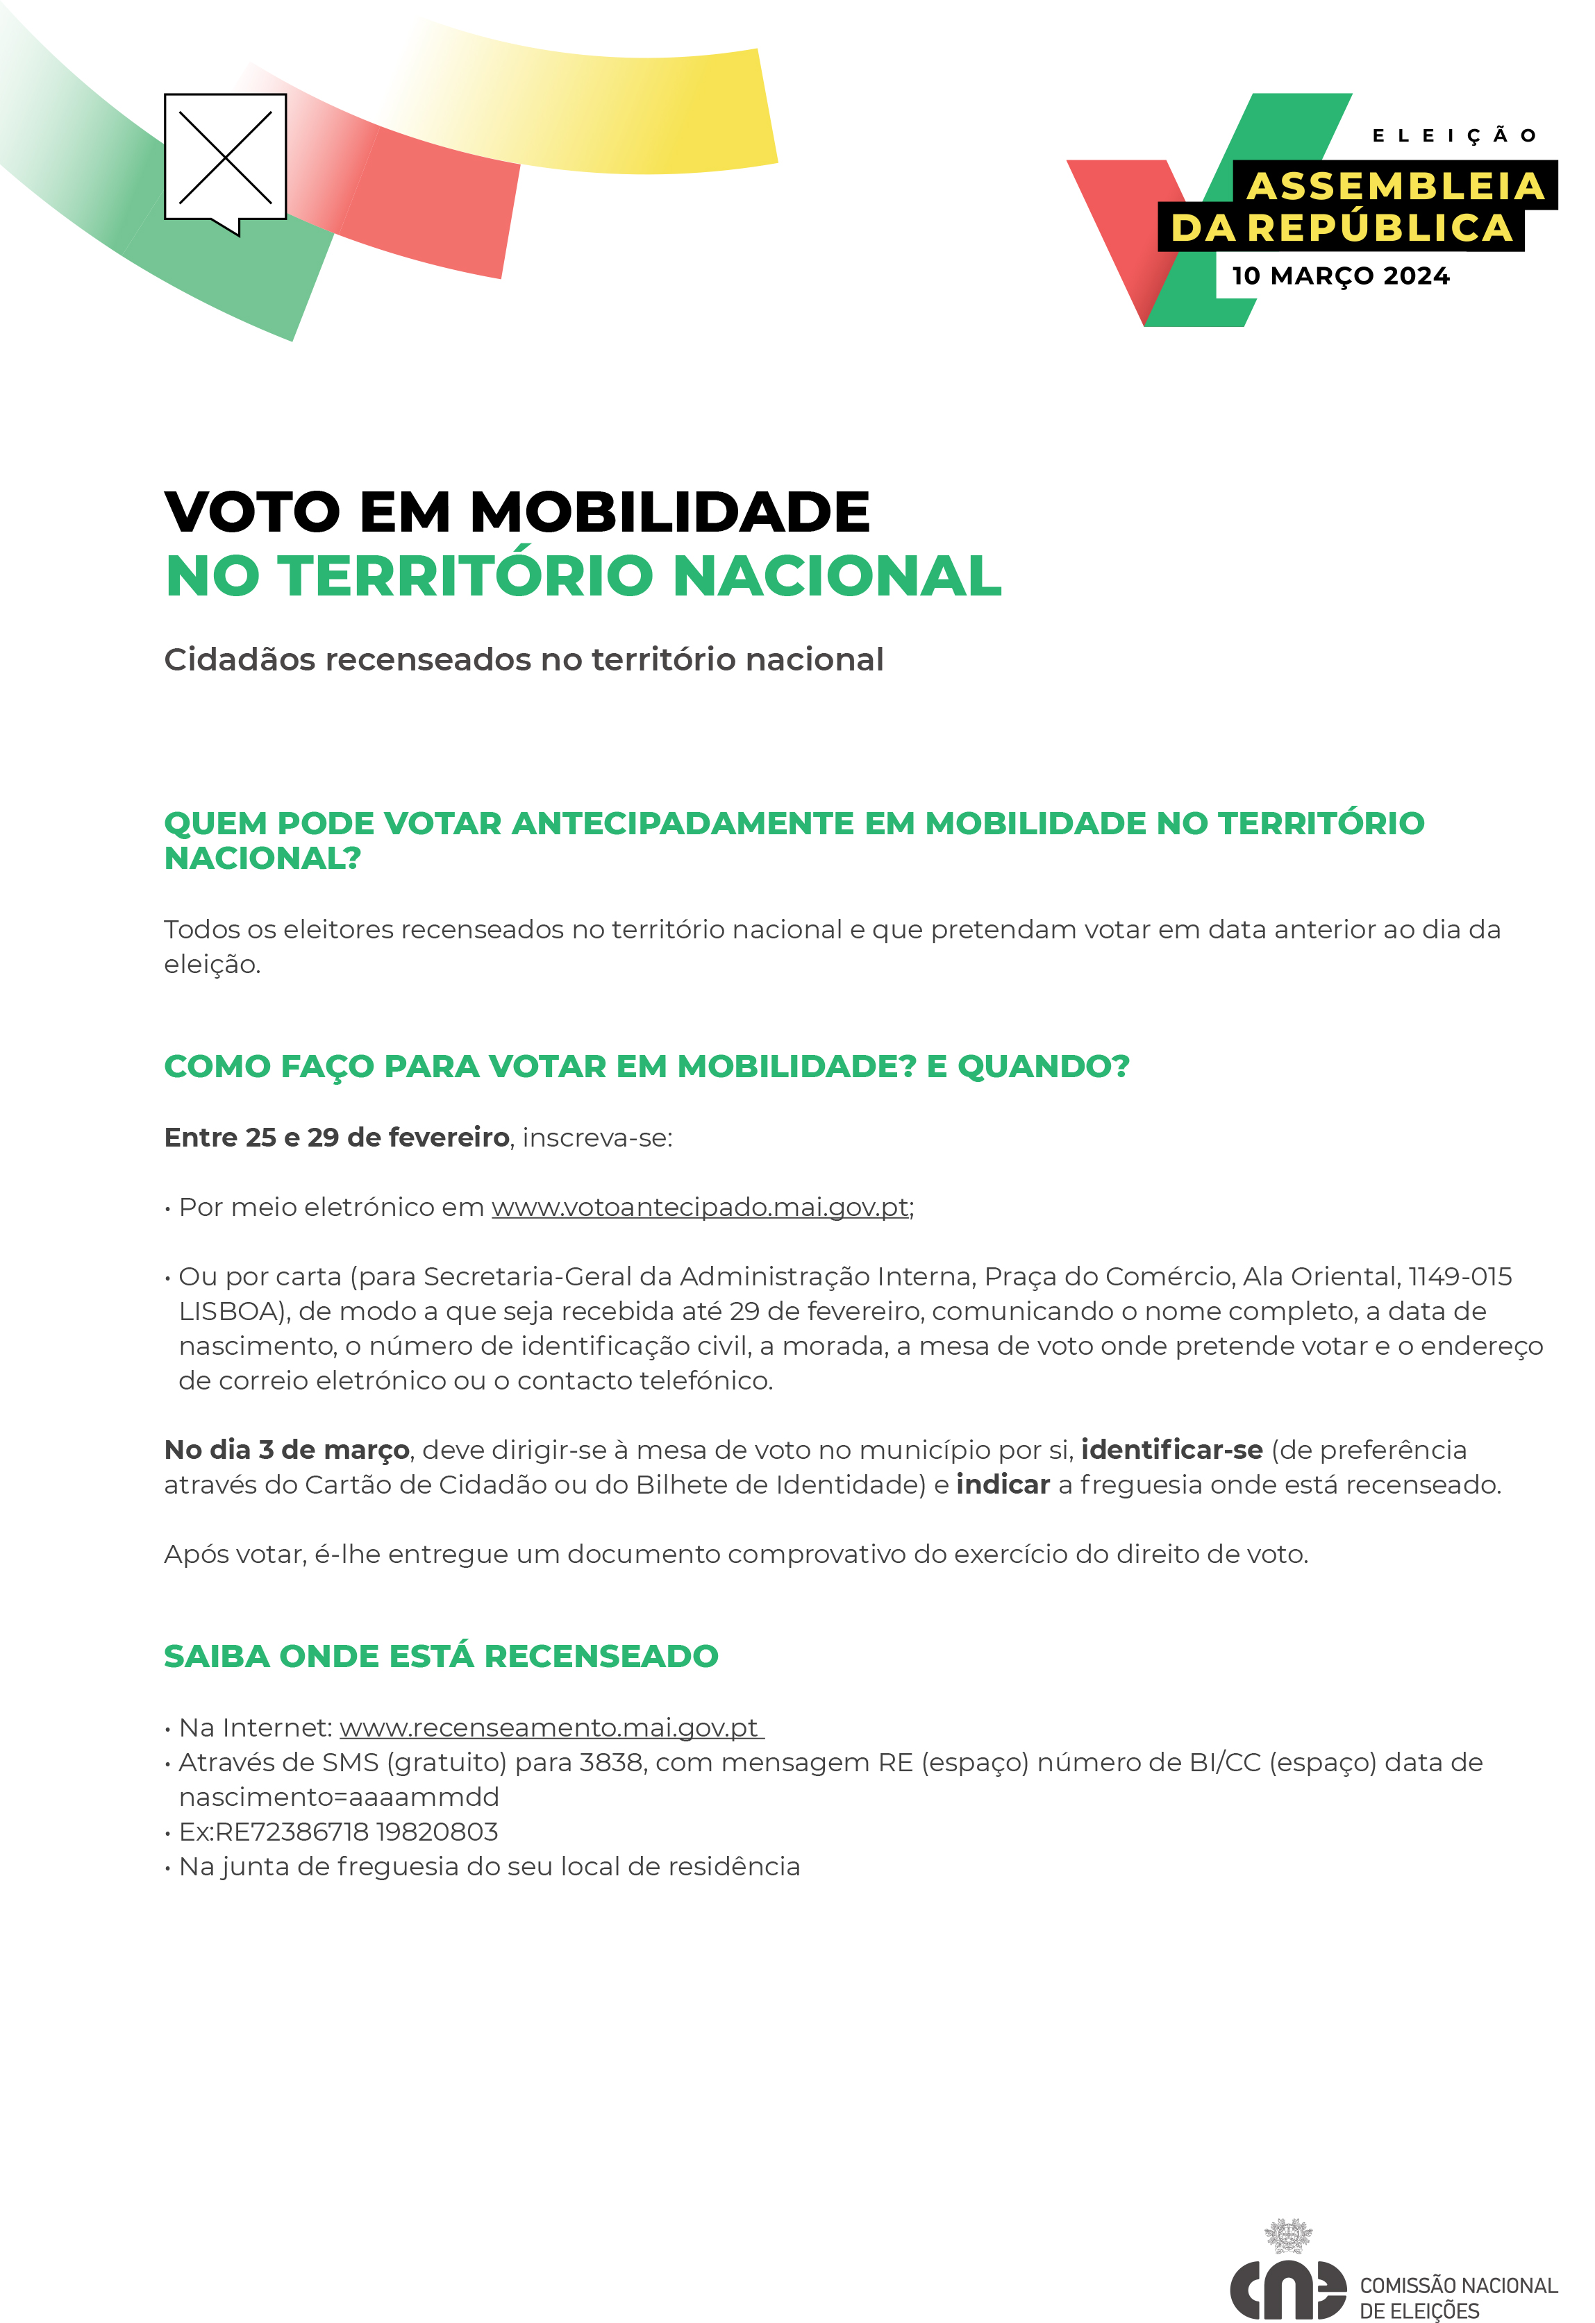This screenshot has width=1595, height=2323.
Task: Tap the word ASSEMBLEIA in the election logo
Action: [1395, 186]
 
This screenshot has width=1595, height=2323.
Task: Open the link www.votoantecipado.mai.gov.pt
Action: [700, 1208]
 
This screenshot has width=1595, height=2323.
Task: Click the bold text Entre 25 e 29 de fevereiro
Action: [336, 1138]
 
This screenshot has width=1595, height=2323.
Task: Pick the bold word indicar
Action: [1002, 1485]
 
